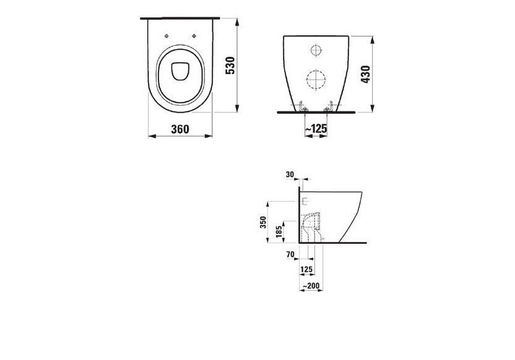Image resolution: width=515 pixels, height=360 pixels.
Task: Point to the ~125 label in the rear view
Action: tap(316, 129)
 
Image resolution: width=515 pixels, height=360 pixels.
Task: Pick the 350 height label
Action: tap(262, 223)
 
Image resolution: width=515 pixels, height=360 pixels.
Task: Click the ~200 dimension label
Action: tap(308, 286)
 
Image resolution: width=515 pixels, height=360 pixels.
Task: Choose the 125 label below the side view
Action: tap(306, 269)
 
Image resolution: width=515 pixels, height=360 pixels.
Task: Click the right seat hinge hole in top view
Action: tap(194, 35)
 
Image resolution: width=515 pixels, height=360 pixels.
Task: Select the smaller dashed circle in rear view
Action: tap(316, 50)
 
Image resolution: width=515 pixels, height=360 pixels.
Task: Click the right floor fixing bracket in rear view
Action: tap(329, 108)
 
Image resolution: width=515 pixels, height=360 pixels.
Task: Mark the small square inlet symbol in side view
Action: tap(304, 200)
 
